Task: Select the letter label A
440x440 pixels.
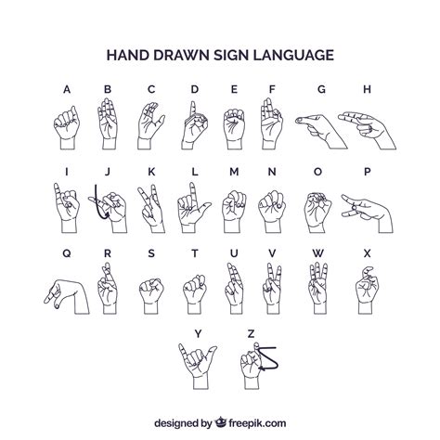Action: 66,89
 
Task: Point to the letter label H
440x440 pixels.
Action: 368,89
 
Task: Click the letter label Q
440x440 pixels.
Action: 66,252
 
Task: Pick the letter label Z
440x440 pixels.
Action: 251,332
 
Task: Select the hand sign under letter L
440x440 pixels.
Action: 193,204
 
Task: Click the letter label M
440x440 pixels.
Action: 234,171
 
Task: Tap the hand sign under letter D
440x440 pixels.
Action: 193,123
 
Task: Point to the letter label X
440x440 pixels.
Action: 368,252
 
